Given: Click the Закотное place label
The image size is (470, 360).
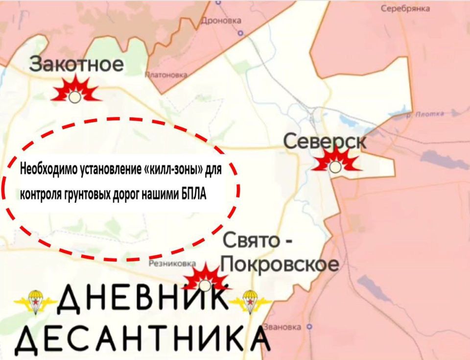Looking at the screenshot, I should pyautogui.click(x=76, y=65).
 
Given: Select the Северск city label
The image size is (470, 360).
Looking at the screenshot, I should pyautogui.click(x=325, y=143).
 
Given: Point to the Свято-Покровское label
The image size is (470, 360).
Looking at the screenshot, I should pyautogui.click(x=280, y=253).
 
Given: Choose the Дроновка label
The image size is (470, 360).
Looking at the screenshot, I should pyautogui.click(x=222, y=21).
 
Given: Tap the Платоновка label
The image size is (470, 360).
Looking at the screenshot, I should pyautogui.click(x=166, y=75).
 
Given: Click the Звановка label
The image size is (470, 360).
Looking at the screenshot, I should pyautogui.click(x=282, y=327).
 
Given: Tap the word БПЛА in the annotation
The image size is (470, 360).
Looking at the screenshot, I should pyautogui.click(x=194, y=194).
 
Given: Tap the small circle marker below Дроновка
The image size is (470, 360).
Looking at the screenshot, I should pyautogui.click(x=240, y=33).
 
